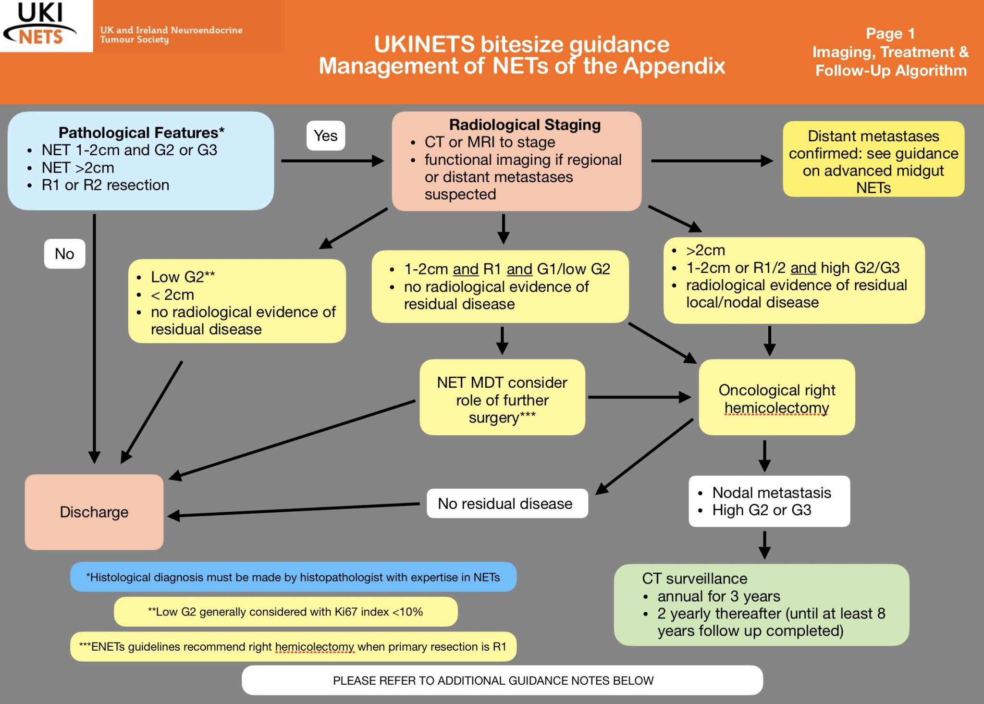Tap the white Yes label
326,136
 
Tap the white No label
64,253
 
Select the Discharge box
94,512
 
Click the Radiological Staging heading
525,125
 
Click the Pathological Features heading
141,133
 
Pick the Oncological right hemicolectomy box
776,398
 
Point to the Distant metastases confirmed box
873,161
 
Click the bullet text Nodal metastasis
772,493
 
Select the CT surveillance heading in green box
695,578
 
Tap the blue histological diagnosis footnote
293,577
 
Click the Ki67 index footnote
285,612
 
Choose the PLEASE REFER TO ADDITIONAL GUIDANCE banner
502,680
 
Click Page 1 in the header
890,34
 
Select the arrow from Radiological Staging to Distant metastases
711,161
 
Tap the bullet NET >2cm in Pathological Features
78,168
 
